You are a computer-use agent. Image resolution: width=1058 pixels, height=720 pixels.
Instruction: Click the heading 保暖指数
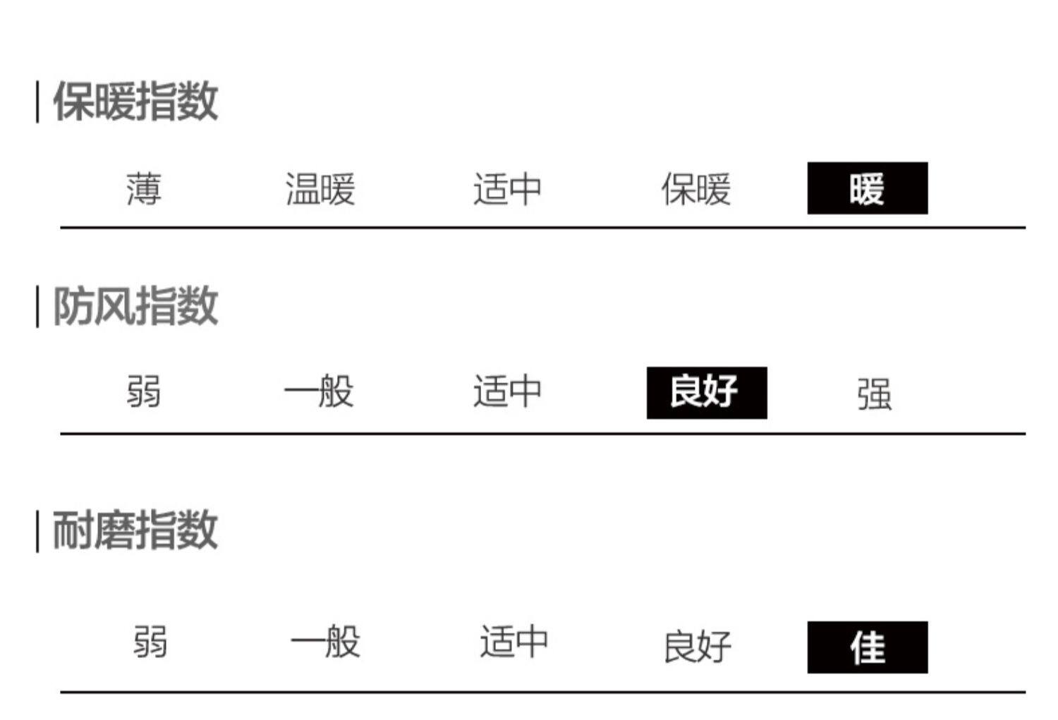click(x=135, y=102)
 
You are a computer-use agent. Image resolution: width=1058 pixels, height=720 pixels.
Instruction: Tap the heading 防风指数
click(x=135, y=307)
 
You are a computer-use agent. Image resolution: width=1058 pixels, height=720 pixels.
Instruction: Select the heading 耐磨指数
click(x=135, y=530)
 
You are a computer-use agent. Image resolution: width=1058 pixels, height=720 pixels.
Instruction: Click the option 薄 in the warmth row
click(x=144, y=189)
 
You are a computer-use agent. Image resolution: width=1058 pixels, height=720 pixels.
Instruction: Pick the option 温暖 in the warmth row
click(x=320, y=189)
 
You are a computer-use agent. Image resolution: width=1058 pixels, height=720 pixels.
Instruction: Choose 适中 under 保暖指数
click(x=507, y=189)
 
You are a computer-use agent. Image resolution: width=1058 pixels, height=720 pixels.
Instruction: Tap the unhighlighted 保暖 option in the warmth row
click(x=695, y=189)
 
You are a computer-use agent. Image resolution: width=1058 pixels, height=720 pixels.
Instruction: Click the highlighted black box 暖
click(x=867, y=188)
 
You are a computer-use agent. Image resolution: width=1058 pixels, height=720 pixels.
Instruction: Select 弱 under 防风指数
click(x=144, y=392)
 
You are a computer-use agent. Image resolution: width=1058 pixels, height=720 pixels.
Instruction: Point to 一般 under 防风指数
click(x=319, y=392)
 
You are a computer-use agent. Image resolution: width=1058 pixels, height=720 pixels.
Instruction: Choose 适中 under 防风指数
click(x=507, y=392)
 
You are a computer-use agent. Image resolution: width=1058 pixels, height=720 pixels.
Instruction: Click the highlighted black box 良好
click(x=706, y=392)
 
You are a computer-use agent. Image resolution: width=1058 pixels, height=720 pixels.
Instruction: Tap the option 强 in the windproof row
click(x=874, y=393)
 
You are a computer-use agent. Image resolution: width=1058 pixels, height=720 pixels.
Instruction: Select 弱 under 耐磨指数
click(x=150, y=642)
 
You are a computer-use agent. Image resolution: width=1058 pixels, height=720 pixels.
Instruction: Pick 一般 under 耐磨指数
click(x=325, y=642)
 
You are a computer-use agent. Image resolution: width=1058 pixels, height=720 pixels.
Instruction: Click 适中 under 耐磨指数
click(x=513, y=642)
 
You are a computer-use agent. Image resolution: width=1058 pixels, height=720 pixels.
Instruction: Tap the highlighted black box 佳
click(x=867, y=647)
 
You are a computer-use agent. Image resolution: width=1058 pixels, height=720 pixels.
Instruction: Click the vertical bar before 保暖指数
click(x=37, y=102)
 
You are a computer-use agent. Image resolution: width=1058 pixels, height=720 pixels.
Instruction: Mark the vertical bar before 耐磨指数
click(x=37, y=532)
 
